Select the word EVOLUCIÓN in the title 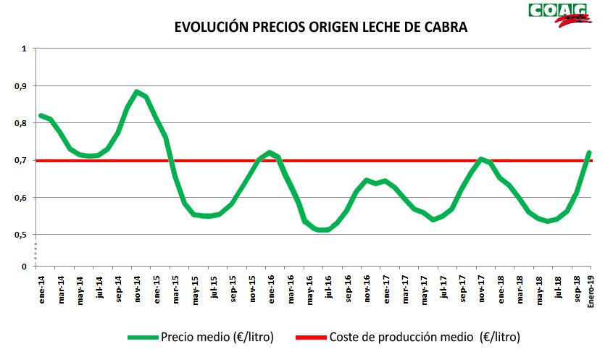click(x=209, y=28)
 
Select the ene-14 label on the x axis click(x=41, y=288)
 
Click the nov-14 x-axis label click(x=137, y=288)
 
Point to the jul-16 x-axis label click(x=328, y=288)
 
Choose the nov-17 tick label click(x=480, y=288)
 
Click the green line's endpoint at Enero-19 click(x=589, y=153)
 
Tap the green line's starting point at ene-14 click(x=41, y=115)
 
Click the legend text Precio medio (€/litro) click(x=217, y=337)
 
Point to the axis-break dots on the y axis click(x=33, y=251)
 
